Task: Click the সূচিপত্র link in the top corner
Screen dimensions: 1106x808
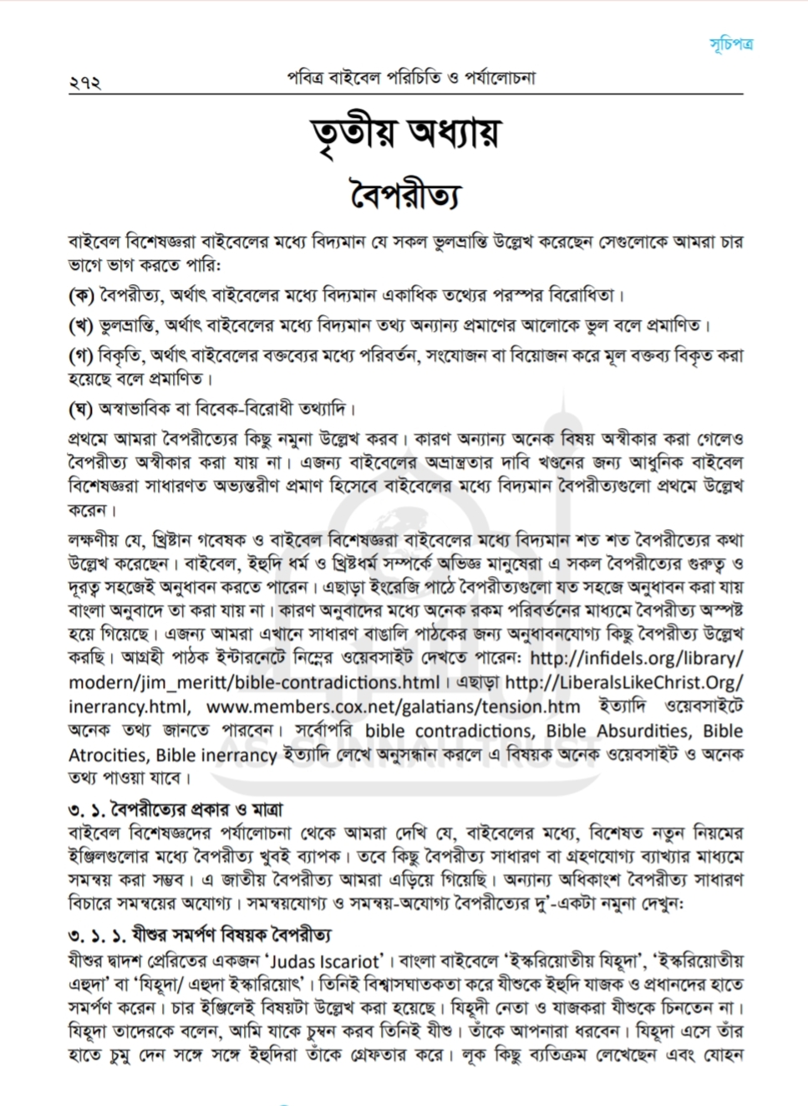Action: tap(730, 43)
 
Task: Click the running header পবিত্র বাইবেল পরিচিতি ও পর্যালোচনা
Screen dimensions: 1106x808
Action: tap(409, 79)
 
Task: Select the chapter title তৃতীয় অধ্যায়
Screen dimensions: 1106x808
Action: tap(404, 134)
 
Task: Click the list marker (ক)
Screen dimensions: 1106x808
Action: tap(81, 294)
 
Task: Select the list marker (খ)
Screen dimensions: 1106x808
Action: tap(81, 324)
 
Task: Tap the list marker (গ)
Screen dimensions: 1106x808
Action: tap(80, 354)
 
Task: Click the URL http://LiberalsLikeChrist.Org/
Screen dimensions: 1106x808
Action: tap(623, 682)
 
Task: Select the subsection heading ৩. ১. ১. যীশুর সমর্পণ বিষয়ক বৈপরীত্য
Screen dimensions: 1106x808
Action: tap(199, 934)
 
